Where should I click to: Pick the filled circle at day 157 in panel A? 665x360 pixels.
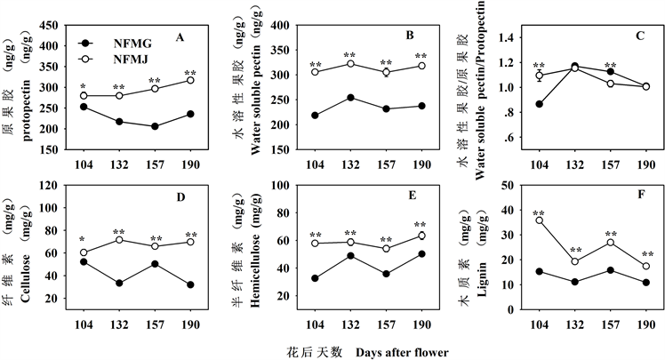(x=155, y=126)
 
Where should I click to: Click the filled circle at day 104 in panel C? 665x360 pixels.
(x=539, y=104)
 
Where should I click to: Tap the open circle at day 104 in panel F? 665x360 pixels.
(x=539, y=220)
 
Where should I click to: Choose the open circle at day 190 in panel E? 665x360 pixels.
(x=421, y=236)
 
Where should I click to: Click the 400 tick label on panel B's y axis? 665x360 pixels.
(x=278, y=26)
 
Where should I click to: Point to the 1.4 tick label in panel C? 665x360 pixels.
(x=508, y=38)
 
